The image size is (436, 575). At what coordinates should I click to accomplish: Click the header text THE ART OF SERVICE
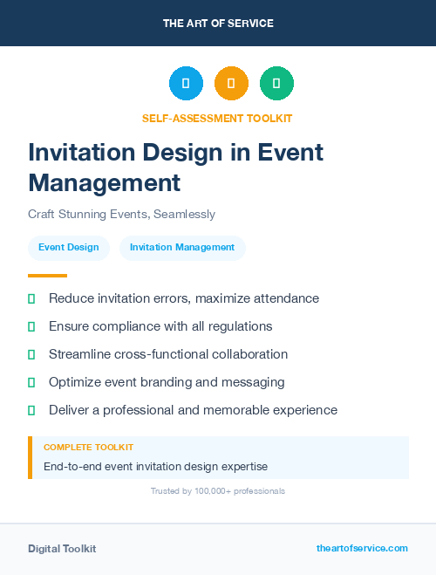point(218,24)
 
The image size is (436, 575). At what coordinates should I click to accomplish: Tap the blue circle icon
point(186,84)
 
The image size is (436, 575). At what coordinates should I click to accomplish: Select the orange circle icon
point(231,84)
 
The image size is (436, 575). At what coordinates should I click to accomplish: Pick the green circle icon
point(276,84)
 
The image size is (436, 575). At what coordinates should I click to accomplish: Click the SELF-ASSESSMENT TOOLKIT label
point(218,118)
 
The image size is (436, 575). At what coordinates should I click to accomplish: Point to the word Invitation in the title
point(83,153)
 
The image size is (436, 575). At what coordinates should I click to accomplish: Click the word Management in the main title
point(104,182)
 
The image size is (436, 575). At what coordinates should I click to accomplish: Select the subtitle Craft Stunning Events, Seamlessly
point(121,214)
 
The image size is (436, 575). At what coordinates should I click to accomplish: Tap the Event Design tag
point(69,248)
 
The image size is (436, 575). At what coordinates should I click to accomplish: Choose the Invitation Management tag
point(182,248)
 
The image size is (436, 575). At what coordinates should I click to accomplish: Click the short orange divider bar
point(47,276)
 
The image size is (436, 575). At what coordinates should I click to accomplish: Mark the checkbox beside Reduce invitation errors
point(31,299)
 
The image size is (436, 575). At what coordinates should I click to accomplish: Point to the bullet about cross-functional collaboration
point(168,354)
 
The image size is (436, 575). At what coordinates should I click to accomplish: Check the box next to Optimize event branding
point(31,382)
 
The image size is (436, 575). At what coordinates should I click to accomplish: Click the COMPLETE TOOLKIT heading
point(88,448)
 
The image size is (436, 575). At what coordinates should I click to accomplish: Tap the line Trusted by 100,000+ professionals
point(218,491)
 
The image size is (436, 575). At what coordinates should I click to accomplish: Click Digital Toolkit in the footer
point(62,549)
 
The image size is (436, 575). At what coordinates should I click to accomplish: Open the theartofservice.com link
point(362,548)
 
